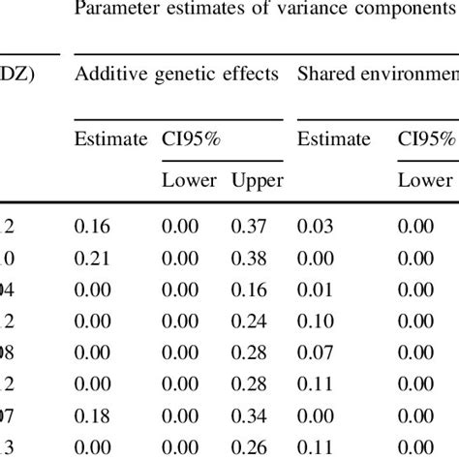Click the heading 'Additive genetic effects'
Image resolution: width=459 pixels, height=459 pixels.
(177, 74)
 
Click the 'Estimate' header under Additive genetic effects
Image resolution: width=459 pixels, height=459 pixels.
(111, 138)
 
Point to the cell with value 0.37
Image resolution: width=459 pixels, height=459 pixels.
(248, 226)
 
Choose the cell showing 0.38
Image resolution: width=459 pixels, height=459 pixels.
(248, 258)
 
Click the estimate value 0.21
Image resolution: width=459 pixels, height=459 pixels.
(94, 258)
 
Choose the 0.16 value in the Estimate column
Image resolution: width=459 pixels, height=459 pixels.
(94, 226)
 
